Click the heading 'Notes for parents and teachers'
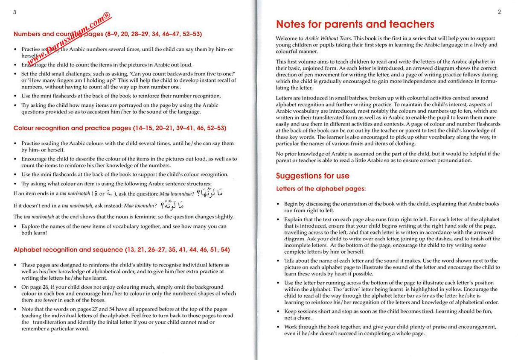tap(355, 24)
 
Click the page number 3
tap(15, 12)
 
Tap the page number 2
tap(499, 12)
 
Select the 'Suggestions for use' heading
tap(312, 176)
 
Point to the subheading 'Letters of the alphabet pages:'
tap(321, 189)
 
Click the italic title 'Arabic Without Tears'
tap(326, 38)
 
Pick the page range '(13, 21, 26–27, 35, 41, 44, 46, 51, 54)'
tap(177, 249)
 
